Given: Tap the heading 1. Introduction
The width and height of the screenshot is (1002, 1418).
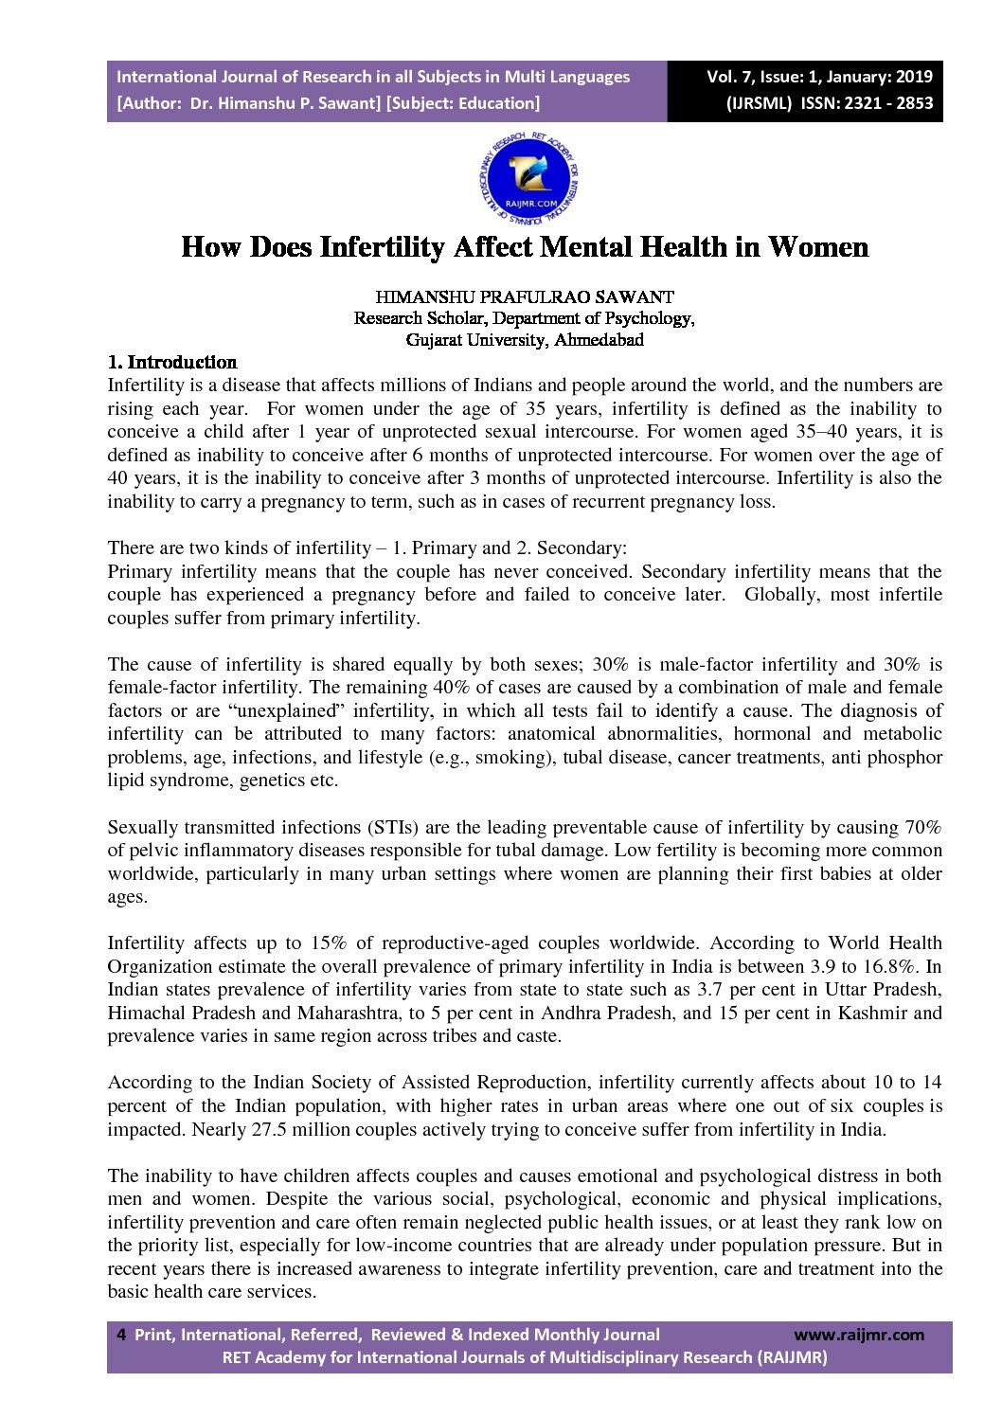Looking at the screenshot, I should click(171, 362).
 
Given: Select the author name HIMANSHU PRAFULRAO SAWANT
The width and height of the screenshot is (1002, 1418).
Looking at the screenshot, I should click(525, 297).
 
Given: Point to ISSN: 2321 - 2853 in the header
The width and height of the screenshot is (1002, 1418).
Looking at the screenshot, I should click(867, 103).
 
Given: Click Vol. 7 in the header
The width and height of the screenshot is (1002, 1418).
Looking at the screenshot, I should click(732, 77).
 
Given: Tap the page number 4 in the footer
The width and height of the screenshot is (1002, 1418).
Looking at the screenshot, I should click(120, 1335).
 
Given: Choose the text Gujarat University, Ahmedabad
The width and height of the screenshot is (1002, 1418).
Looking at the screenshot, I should click(525, 340).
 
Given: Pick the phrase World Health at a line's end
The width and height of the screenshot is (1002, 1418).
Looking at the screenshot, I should click(886, 942).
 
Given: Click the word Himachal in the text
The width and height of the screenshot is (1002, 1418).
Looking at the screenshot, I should click(144, 1013).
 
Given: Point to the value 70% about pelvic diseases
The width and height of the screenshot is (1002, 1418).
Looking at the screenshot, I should click(922, 827).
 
